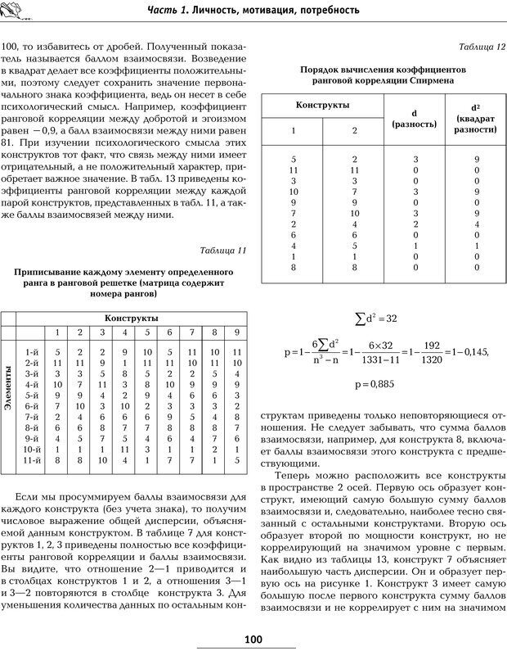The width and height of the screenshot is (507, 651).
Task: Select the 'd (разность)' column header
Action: pyautogui.click(x=415, y=118)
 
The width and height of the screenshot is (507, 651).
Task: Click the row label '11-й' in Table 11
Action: pyautogui.click(x=33, y=461)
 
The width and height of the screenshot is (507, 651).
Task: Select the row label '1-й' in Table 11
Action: pyautogui.click(x=33, y=350)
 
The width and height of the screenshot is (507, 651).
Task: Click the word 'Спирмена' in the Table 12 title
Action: pyautogui.click(x=424, y=82)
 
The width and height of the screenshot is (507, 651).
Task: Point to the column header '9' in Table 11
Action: pyautogui.click(x=236, y=332)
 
